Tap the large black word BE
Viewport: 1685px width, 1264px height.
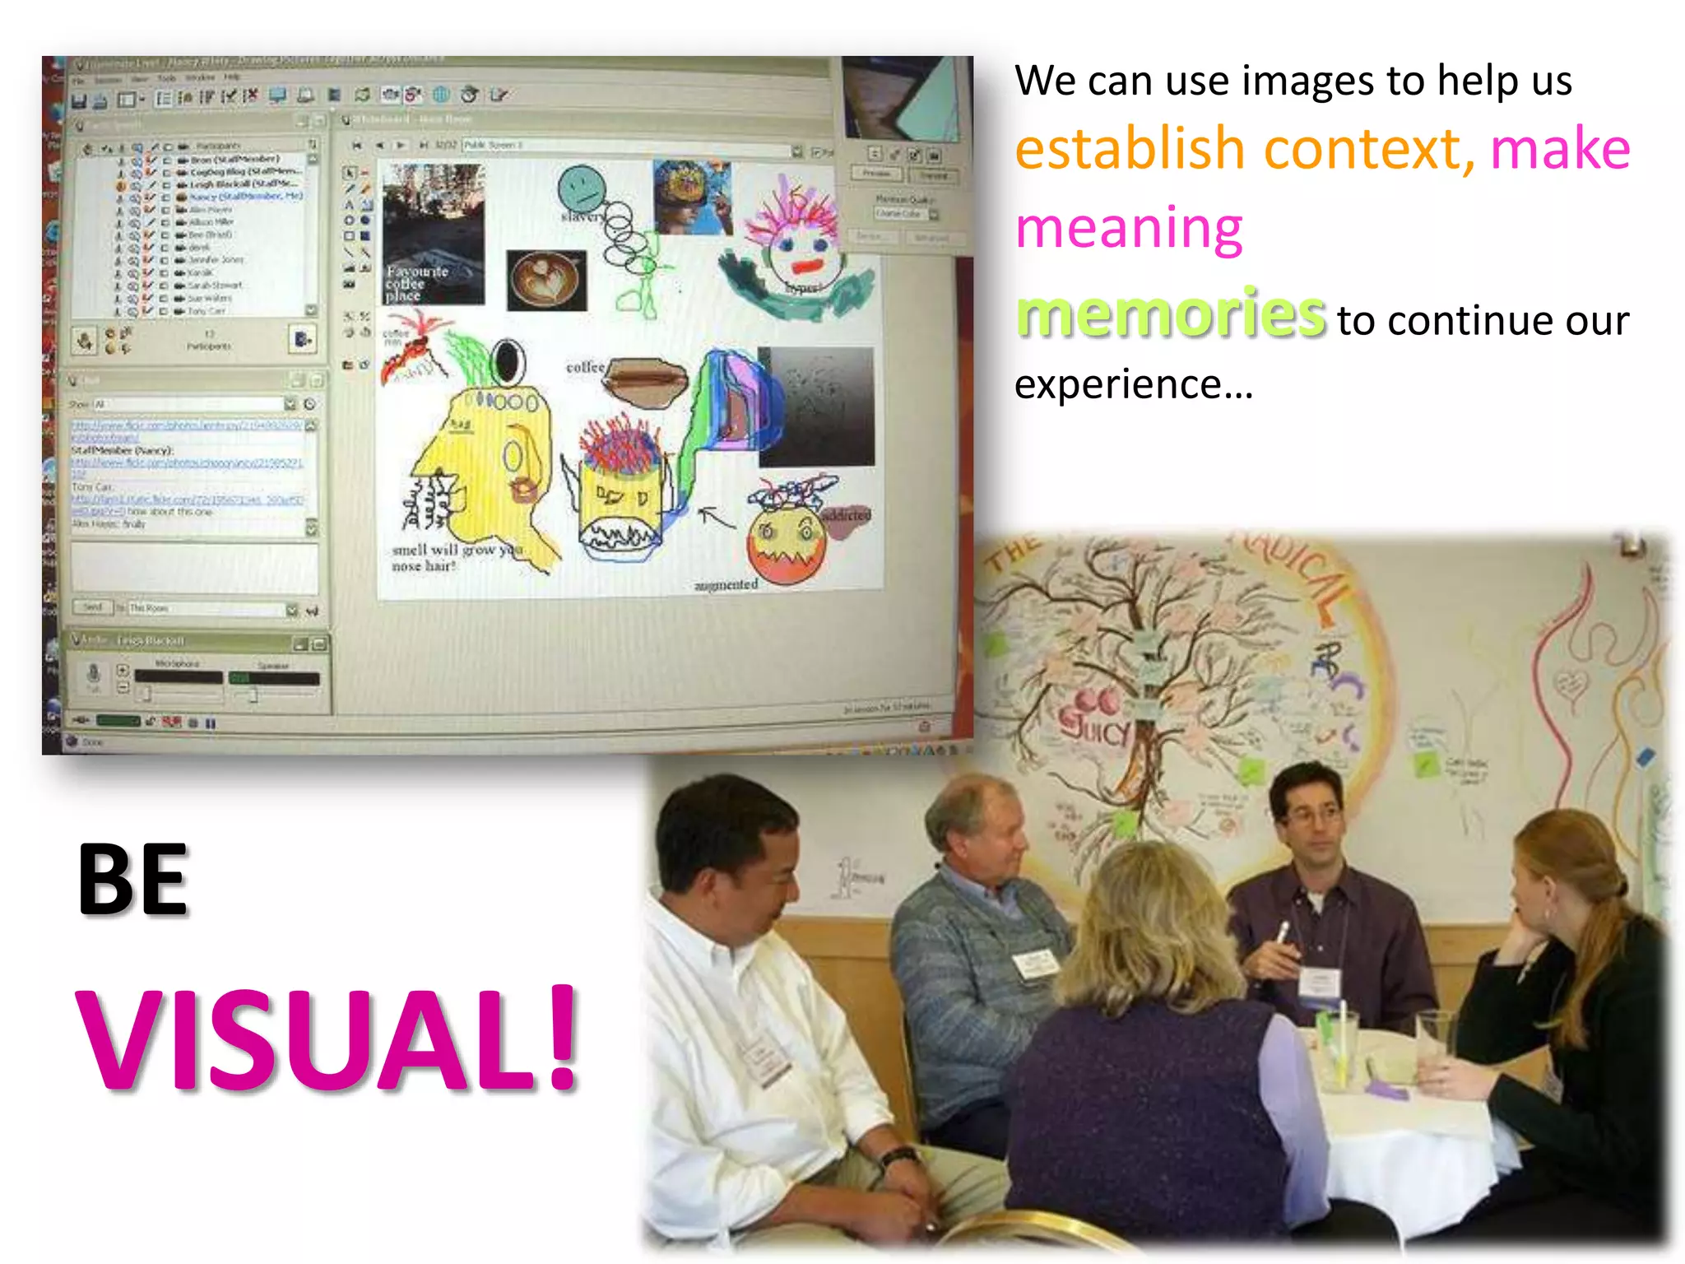(x=133, y=881)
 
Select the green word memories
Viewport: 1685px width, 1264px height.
(x=1170, y=314)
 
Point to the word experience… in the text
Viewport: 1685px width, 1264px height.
(x=1133, y=384)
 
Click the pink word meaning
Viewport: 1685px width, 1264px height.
(x=1129, y=229)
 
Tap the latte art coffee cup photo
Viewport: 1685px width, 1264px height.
(x=546, y=280)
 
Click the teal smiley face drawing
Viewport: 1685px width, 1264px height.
(x=581, y=188)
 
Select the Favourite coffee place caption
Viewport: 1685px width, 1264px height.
(x=417, y=283)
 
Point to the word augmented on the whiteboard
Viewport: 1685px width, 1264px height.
(x=726, y=585)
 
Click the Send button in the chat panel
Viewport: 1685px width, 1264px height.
(x=92, y=607)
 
